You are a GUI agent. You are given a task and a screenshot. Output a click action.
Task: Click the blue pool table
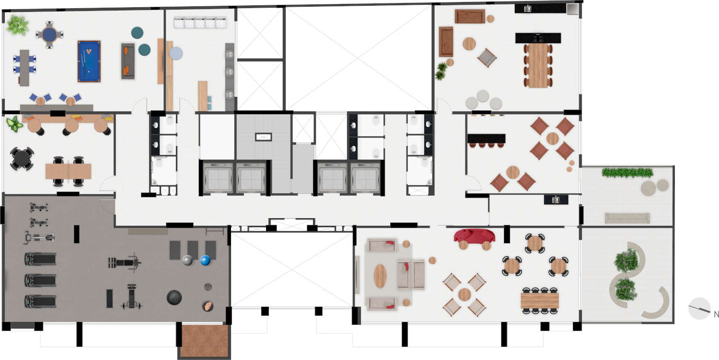click(x=89, y=61)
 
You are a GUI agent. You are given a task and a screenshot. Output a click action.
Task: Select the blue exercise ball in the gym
click(x=205, y=260)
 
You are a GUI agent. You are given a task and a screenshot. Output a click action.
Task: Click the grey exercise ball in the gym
click(x=187, y=260)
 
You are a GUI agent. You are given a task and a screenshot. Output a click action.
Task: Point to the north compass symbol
click(x=700, y=309)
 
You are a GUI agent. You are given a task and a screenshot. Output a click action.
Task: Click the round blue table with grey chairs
click(x=49, y=35)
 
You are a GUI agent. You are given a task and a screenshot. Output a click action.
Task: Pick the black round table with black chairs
click(x=22, y=158)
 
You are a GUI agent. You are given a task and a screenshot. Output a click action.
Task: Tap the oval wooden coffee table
click(x=380, y=276)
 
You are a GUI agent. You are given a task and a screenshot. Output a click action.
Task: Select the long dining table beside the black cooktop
click(x=538, y=66)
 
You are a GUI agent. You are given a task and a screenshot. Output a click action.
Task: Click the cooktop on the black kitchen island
click(x=538, y=38)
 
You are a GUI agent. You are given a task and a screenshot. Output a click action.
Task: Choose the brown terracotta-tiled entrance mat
click(x=205, y=341)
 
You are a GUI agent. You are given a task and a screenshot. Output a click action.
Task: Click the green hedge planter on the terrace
click(x=627, y=173)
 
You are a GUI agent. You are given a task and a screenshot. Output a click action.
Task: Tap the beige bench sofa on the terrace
click(x=627, y=218)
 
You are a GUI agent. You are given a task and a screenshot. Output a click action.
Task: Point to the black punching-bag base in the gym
click(x=174, y=297)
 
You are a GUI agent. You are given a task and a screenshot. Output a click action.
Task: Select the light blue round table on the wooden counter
click(x=175, y=53)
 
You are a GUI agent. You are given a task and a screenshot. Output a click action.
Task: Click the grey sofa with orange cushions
click(x=128, y=61)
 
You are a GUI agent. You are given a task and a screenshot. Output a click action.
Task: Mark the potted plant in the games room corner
click(x=18, y=25)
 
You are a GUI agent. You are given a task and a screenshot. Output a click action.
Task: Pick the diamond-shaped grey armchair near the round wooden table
click(x=487, y=58)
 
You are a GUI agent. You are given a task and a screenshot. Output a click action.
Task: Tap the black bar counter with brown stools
click(x=487, y=140)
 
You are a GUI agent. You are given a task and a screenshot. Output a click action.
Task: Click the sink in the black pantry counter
click(x=556, y=200)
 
